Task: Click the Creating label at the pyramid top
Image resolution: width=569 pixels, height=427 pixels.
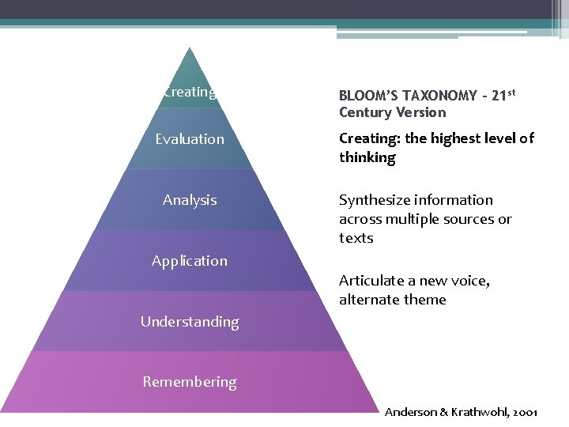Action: [x=190, y=92]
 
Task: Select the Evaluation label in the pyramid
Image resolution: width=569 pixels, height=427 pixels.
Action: [x=190, y=139]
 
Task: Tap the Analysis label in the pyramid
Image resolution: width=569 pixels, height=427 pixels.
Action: [x=190, y=200]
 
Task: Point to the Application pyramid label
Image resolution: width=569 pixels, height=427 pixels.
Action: [x=190, y=261]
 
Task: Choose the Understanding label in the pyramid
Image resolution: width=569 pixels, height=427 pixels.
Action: [x=190, y=322]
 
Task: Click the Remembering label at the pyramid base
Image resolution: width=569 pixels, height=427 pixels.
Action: [x=190, y=382]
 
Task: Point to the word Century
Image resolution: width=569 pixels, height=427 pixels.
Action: [x=366, y=112]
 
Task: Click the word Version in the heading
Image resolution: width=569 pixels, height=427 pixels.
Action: [x=421, y=112]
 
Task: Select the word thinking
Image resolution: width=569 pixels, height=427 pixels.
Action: [x=367, y=157]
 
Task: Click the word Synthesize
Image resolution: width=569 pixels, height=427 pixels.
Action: [x=375, y=200]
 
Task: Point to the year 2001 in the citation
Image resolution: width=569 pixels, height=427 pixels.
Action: [x=526, y=413]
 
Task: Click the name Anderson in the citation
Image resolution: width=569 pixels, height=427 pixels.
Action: [x=409, y=413]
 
